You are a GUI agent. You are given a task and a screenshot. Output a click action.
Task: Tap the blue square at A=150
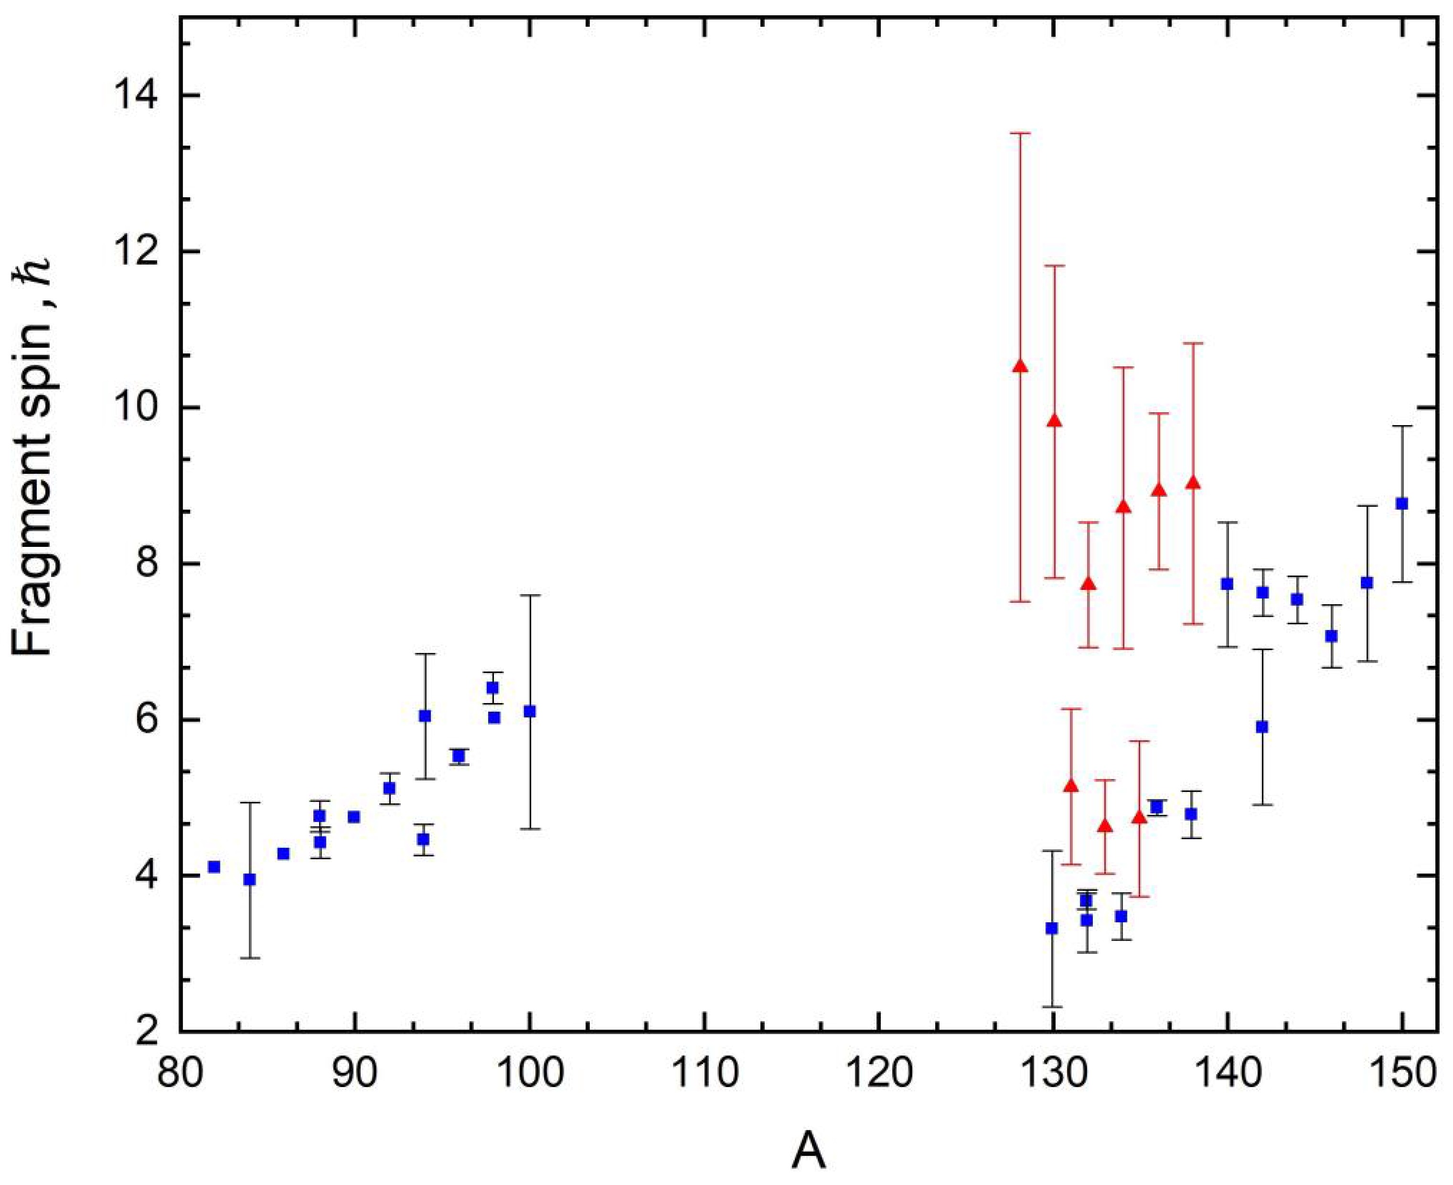[1402, 504]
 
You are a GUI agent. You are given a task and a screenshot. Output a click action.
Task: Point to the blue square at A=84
[250, 879]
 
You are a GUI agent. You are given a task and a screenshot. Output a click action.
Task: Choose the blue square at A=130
[1052, 929]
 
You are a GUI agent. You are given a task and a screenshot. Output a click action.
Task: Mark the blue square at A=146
[1331, 636]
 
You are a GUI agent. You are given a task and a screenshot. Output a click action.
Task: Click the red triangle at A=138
[1193, 483]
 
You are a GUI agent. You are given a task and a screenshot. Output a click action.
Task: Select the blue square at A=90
[353, 817]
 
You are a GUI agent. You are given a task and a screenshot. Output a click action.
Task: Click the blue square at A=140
[1227, 584]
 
